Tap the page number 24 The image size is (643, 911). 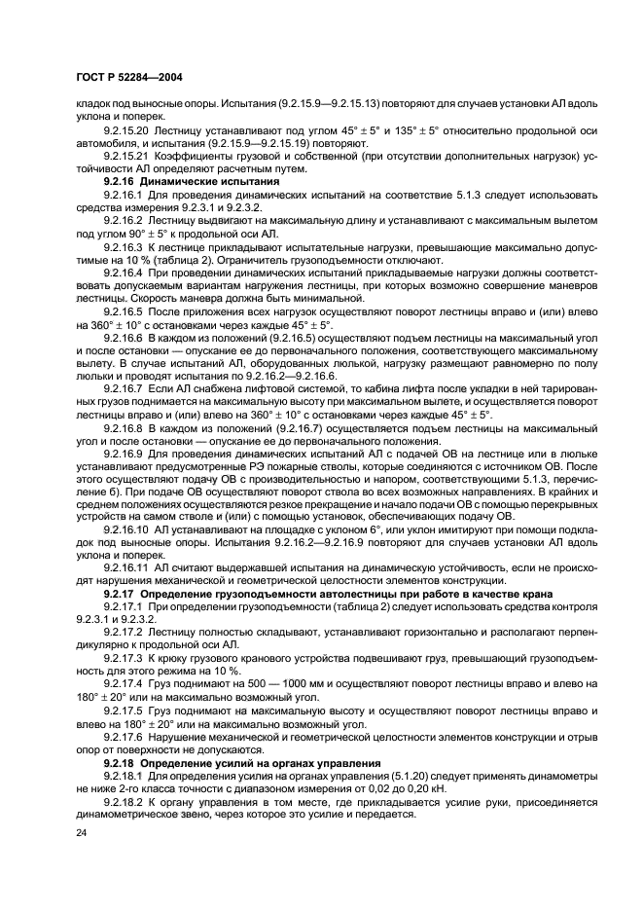click(81, 834)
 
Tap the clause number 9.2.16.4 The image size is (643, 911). click(124, 275)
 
